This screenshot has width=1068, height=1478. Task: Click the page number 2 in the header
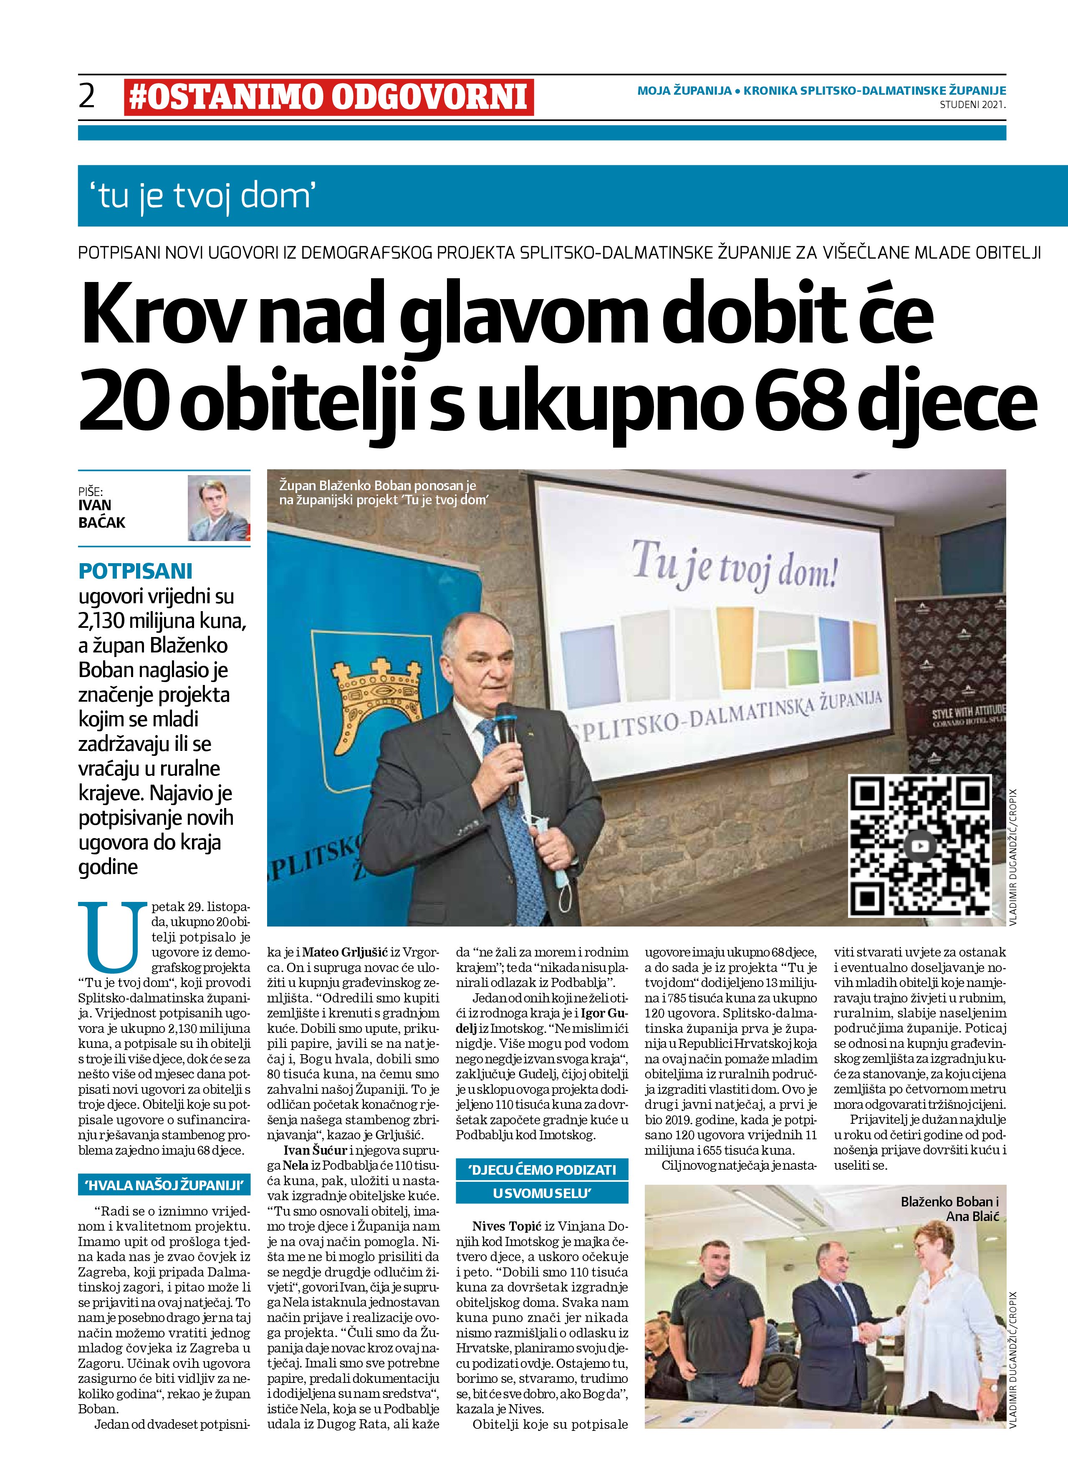tap(87, 96)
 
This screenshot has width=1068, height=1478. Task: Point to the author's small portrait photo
tap(219, 508)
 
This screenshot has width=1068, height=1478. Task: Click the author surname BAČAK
tap(102, 523)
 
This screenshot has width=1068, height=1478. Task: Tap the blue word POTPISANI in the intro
tap(136, 571)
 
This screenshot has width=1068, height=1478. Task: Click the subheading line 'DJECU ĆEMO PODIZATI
tap(542, 1170)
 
